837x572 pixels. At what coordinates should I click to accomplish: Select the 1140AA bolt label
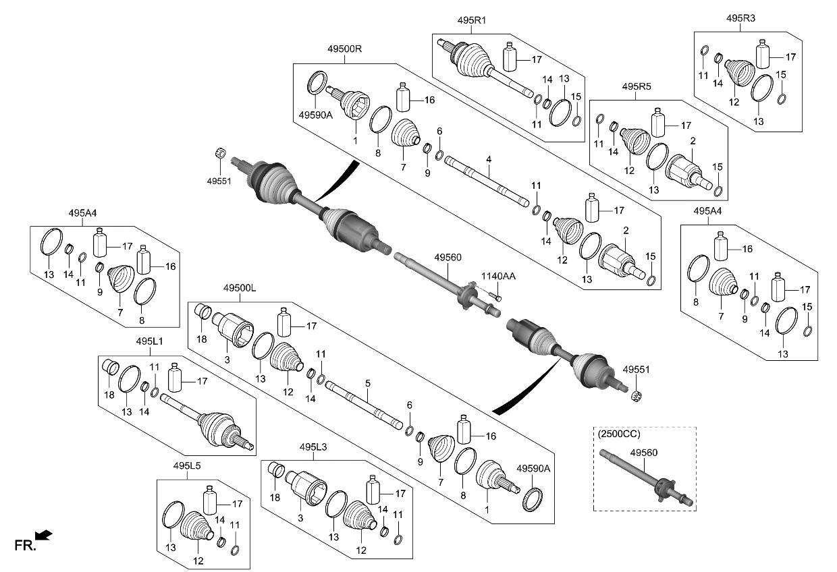point(497,275)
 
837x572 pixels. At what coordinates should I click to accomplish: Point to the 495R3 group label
point(741,18)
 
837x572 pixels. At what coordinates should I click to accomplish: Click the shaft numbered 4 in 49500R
point(486,182)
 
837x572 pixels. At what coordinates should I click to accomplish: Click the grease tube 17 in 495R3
point(763,54)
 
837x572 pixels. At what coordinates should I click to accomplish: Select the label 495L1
point(148,343)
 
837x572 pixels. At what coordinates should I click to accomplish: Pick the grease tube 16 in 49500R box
point(404,98)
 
